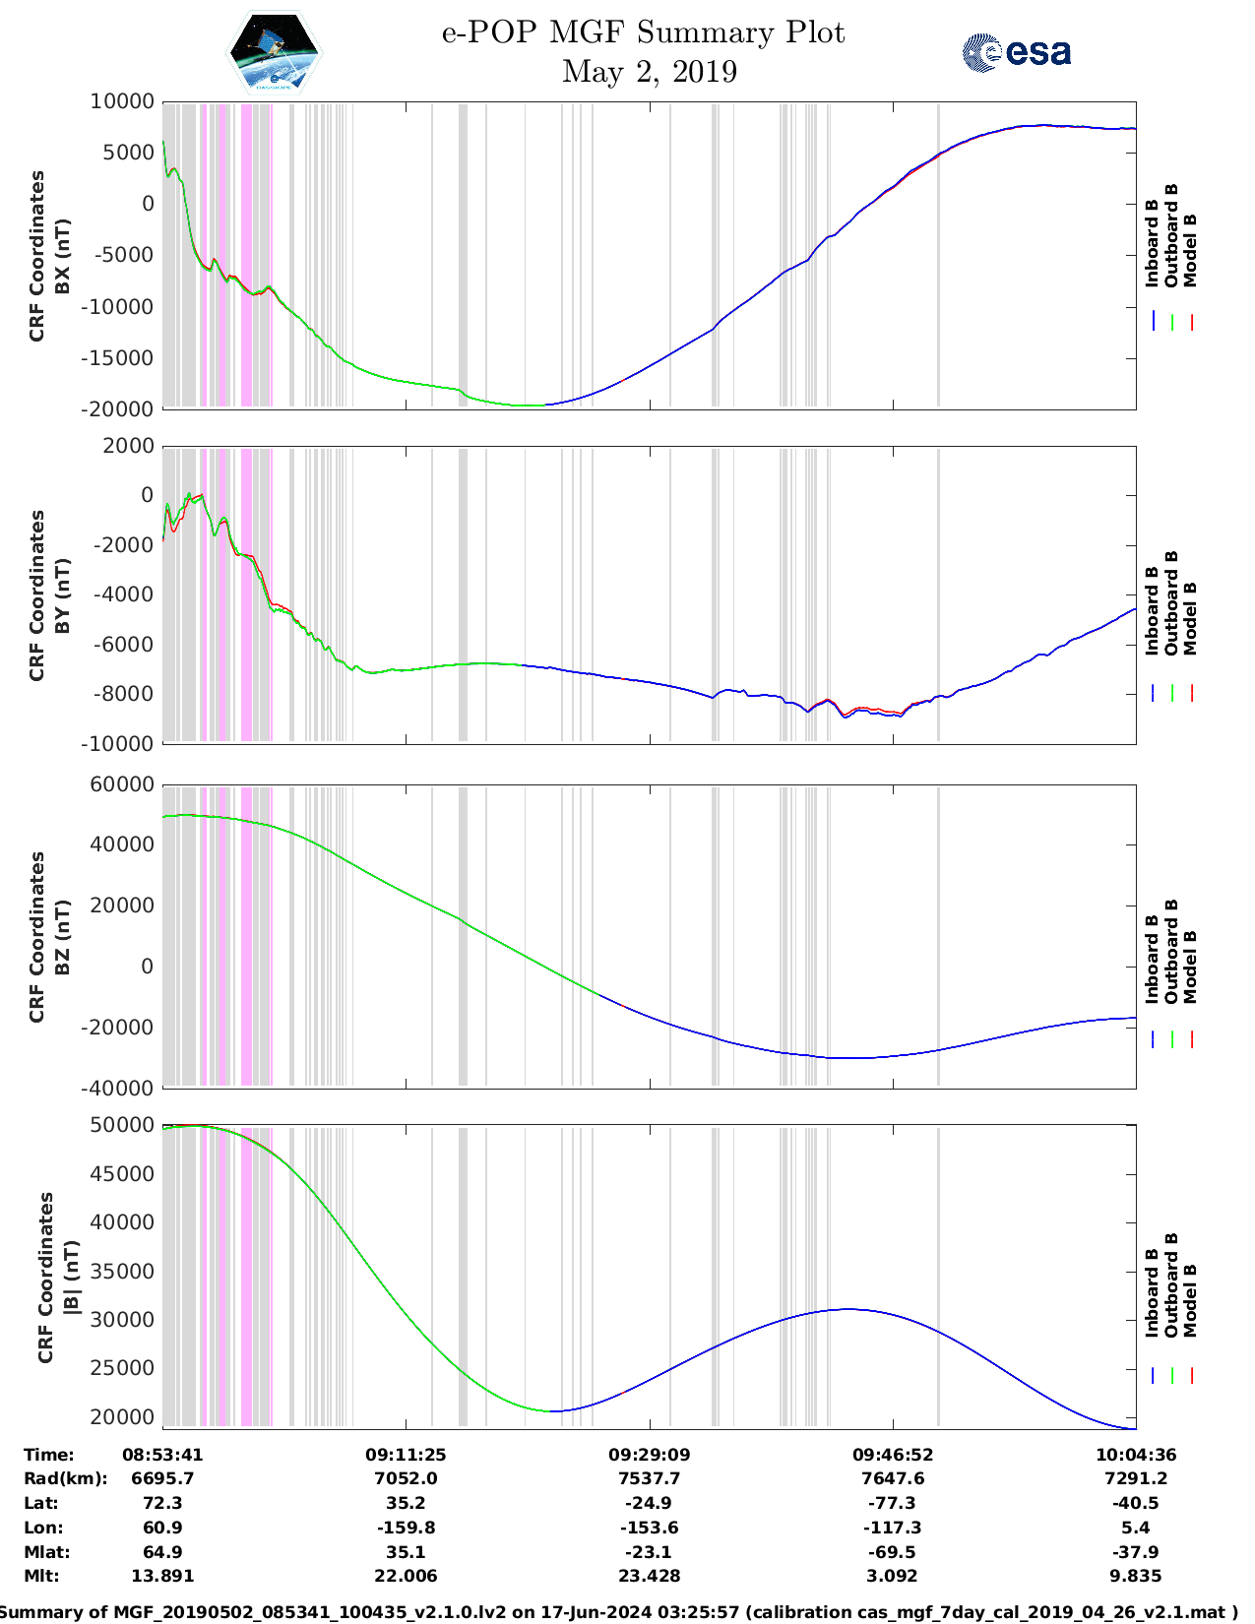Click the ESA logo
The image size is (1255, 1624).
pyautogui.click(x=1017, y=52)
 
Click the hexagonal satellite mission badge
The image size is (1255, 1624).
pyautogui.click(x=275, y=52)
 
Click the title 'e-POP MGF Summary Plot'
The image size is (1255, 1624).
pyautogui.click(x=643, y=32)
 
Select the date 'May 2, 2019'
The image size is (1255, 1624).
pyautogui.click(x=649, y=72)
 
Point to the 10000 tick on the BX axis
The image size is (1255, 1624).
pyautogui.click(x=121, y=101)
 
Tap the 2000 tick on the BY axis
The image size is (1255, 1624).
pyautogui.click(x=129, y=446)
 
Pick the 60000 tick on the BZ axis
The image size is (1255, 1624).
pyautogui.click(x=121, y=784)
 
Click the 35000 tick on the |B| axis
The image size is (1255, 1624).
pyautogui.click(x=121, y=1272)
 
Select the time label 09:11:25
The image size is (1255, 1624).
pyautogui.click(x=406, y=1455)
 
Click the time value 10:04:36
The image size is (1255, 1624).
pyautogui.click(x=1136, y=1455)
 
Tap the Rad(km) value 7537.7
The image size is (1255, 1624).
pyautogui.click(x=649, y=1478)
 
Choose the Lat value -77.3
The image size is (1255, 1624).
pyautogui.click(x=892, y=1503)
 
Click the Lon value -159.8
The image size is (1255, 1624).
pyautogui.click(x=406, y=1528)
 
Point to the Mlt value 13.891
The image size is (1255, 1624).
pyautogui.click(x=162, y=1576)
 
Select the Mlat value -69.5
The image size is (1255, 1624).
pyautogui.click(x=892, y=1552)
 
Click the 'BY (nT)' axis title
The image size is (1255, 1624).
pyautogui.click(x=62, y=595)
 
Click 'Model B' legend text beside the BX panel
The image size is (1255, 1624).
pyautogui.click(x=1190, y=251)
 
